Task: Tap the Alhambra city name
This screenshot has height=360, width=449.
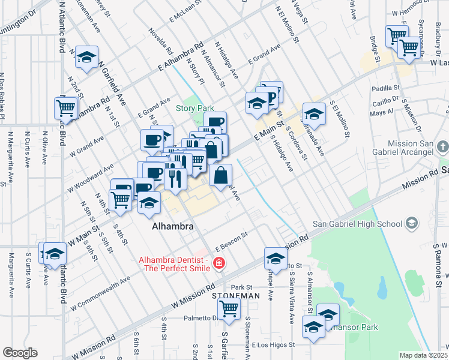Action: tap(172, 227)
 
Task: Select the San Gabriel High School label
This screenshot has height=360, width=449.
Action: tap(357, 224)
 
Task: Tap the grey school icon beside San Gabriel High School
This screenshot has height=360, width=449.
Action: tap(411, 224)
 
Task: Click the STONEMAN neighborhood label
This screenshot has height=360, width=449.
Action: tap(235, 296)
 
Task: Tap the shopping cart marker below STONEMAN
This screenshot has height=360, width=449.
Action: tap(229, 308)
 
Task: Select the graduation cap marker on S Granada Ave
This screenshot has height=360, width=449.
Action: tap(314, 112)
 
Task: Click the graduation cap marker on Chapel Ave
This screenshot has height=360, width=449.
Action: tap(276, 257)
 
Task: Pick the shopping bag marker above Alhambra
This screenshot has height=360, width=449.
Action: tap(221, 175)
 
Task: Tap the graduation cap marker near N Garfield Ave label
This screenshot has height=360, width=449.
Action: tap(88, 56)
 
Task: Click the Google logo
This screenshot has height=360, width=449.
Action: tap(20, 353)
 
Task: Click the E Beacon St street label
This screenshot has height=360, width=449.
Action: tap(232, 241)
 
